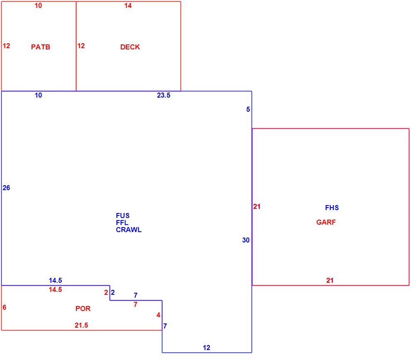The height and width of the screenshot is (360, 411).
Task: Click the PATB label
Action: tap(41, 47)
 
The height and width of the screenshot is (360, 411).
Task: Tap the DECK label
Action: tap(130, 47)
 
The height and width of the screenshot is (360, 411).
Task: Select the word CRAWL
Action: tap(129, 230)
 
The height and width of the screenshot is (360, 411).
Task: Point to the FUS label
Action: tap(122, 216)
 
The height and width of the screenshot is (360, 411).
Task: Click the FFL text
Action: tap(122, 223)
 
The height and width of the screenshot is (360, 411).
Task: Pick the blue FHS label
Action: tap(332, 208)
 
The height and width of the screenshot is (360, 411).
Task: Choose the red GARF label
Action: tap(326, 222)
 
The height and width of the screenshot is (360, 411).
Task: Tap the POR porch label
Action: tap(83, 309)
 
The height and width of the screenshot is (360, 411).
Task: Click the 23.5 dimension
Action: tap(164, 95)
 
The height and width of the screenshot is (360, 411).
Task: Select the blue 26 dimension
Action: tap(6, 188)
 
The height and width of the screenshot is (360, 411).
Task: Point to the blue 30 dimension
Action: tap(246, 240)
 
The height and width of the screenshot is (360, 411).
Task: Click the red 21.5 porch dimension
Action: tap(81, 325)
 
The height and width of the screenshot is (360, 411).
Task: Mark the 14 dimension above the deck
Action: tap(128, 5)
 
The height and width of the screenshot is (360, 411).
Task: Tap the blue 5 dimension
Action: tap(248, 109)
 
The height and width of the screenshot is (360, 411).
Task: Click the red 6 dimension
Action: tap(4, 307)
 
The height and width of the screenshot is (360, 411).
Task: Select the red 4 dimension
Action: tap(158, 315)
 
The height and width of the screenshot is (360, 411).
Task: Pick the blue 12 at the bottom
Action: tap(207, 348)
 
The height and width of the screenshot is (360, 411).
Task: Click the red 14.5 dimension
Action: tap(55, 289)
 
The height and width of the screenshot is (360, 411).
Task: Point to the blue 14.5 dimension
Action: tap(55, 280)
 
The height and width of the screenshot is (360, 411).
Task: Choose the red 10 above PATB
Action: tap(38, 5)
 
